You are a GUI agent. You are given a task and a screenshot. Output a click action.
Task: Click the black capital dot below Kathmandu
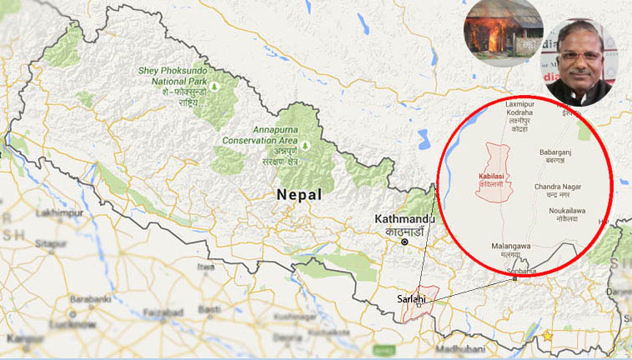tap(404, 242)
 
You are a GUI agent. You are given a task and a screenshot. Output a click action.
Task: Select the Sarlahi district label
tap(409, 297)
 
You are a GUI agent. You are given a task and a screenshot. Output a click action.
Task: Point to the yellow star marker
tap(548, 335)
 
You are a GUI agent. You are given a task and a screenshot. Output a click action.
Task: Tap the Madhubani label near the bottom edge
tap(460, 347)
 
